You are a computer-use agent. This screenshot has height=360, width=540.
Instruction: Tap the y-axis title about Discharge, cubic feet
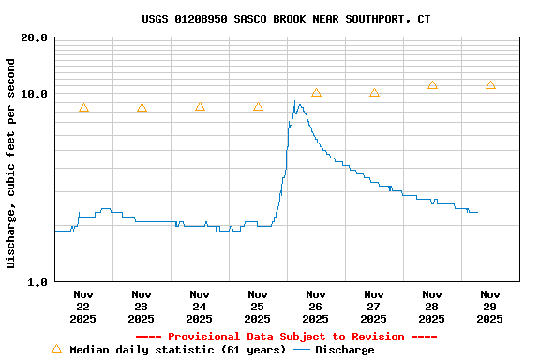point(11,163)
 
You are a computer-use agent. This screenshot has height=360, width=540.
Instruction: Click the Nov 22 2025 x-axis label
point(83,307)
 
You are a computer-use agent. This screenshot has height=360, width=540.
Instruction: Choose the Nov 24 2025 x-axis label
point(200,307)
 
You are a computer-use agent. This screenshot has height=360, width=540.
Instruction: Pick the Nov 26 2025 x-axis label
point(316,307)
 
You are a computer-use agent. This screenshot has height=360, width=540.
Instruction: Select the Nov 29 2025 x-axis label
point(490,307)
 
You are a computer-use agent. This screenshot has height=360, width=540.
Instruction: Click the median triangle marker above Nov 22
point(83,108)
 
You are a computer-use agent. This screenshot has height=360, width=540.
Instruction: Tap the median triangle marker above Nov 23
point(142,108)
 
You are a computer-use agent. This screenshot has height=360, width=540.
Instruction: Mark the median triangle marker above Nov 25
point(258,107)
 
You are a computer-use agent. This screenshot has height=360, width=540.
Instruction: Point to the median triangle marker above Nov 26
point(316,93)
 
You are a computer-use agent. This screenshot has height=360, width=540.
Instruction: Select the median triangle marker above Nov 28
point(432,85)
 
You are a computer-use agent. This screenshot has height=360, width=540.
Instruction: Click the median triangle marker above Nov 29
point(490,85)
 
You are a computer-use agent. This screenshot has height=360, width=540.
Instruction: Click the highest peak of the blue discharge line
point(294,101)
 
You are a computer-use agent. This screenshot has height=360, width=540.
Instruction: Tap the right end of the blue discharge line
point(477,212)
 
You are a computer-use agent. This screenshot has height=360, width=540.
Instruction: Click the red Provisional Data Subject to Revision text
point(286,337)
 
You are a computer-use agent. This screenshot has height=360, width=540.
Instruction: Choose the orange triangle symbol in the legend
point(56,349)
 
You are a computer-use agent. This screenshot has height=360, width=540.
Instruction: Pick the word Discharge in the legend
point(344,350)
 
